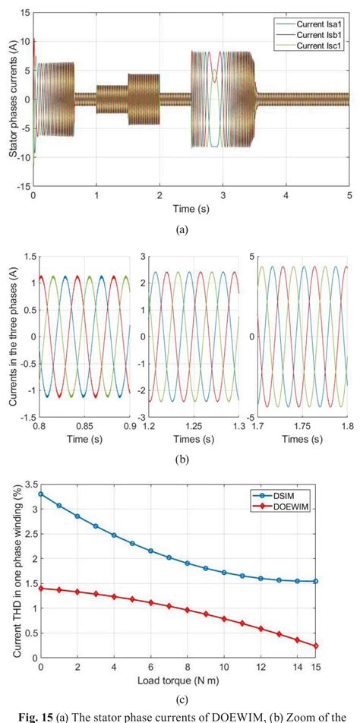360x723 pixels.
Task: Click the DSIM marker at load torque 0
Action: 40,494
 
